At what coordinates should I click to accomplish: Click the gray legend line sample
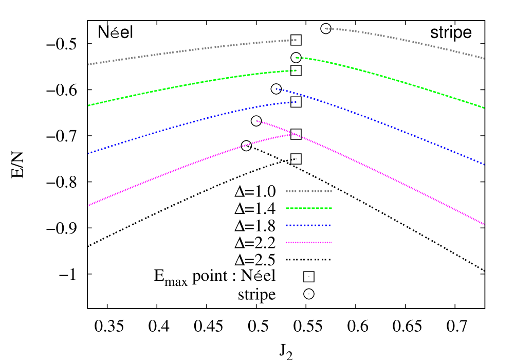(x=309, y=191)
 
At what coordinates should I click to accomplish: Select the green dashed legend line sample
(x=309, y=208)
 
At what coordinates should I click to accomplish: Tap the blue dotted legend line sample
(x=308, y=225)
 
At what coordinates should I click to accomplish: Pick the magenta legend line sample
(x=309, y=242)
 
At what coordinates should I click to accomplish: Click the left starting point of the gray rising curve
(x=88, y=65)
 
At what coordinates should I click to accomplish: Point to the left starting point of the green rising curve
(x=88, y=105)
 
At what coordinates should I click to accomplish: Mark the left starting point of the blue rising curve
(x=88, y=153)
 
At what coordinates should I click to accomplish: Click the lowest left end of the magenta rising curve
(x=88, y=206)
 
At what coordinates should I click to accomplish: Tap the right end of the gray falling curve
(x=484, y=59)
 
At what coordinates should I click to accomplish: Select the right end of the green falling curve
(x=484, y=108)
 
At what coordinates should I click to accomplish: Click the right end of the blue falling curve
(x=484, y=165)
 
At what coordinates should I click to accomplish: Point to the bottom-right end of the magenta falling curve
(x=484, y=224)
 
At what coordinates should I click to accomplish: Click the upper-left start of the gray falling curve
(x=327, y=28)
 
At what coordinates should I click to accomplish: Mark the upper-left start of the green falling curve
(x=297, y=57)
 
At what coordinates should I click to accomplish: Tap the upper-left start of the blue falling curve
(x=277, y=89)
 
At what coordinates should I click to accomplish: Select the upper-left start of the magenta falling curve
(x=257, y=121)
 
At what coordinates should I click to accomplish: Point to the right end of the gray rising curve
(x=296, y=40)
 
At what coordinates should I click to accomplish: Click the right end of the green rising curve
(x=296, y=70)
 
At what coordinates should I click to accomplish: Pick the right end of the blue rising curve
(x=296, y=102)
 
